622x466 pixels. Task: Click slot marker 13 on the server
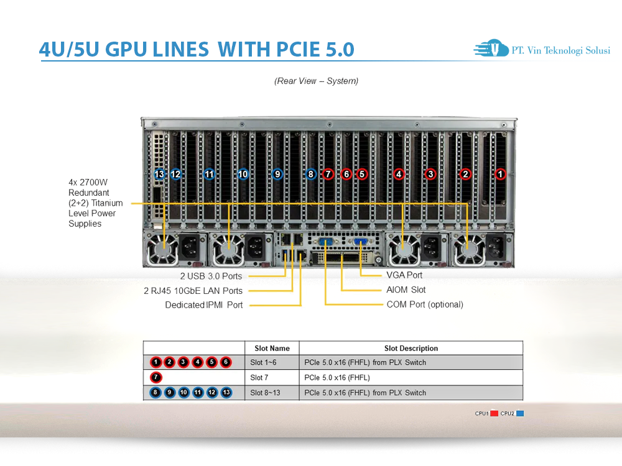tap(159, 175)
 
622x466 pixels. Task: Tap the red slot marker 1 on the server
tap(500, 175)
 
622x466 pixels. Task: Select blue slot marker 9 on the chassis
tap(277, 175)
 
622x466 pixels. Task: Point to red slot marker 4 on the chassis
tap(399, 175)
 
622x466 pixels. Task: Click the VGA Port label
tap(404, 275)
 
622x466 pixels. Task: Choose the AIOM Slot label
tap(406, 290)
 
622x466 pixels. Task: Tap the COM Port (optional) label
tap(425, 304)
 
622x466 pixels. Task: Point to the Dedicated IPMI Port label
tap(204, 305)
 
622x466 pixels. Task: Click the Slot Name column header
tap(272, 349)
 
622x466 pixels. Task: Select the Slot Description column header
tap(411, 349)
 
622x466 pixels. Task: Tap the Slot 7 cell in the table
tap(261, 377)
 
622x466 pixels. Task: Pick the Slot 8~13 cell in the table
tap(264, 393)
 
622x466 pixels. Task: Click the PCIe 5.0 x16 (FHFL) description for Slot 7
tap(337, 377)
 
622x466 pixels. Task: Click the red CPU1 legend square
tap(494, 413)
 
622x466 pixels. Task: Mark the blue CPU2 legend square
tap(520, 413)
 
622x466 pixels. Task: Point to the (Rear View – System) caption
tap(316, 81)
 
